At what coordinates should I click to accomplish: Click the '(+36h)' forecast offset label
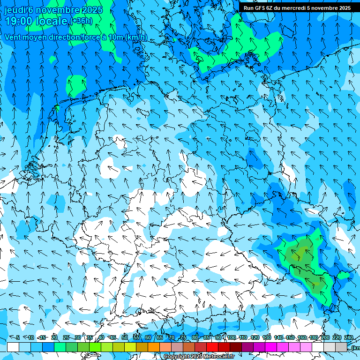tap(81, 21)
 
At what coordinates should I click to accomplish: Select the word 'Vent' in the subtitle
tap(14, 37)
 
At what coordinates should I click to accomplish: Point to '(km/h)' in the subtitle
tap(136, 37)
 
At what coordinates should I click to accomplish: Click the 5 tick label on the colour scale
tap(17, 337)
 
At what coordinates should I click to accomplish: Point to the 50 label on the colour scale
tap(125, 337)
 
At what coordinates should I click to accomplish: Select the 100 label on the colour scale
tap(231, 337)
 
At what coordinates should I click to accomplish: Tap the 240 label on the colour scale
tap(348, 337)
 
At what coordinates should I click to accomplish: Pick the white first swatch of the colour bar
tap(13, 347)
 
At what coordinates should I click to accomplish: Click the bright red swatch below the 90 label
tap(212, 347)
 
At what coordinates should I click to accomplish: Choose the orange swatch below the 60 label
tap(154, 347)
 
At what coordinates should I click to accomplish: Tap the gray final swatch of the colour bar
tap(341, 347)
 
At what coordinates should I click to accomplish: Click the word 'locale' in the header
tap(52, 21)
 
